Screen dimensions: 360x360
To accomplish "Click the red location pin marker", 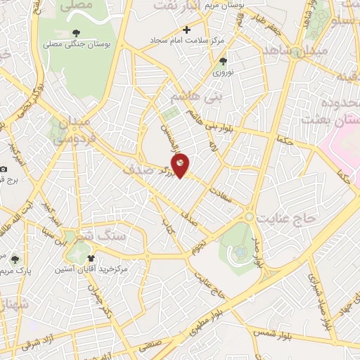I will (181, 165).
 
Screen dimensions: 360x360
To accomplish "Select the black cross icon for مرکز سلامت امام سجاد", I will (186, 30).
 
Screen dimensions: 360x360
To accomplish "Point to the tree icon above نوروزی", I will (223, 61).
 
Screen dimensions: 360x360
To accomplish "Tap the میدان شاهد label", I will (285, 52).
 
